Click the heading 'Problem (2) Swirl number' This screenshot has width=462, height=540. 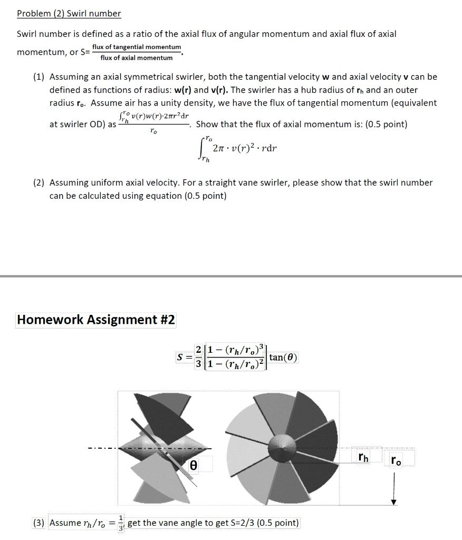point(69,14)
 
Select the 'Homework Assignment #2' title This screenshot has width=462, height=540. point(96,320)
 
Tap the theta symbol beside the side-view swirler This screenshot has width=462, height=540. point(194,465)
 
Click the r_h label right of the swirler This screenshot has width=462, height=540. point(363,457)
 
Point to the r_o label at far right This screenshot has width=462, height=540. point(396,460)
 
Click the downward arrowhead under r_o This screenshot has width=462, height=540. point(393,502)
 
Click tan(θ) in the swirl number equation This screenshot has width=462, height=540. point(283,358)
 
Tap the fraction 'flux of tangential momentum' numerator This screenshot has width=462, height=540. point(137,47)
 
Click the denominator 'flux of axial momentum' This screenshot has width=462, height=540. point(137,57)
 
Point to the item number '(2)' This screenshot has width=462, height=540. point(38,182)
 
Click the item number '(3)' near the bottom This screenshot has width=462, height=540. point(38,523)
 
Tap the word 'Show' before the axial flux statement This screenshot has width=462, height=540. point(207,124)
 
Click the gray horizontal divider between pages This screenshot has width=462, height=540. point(231,276)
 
